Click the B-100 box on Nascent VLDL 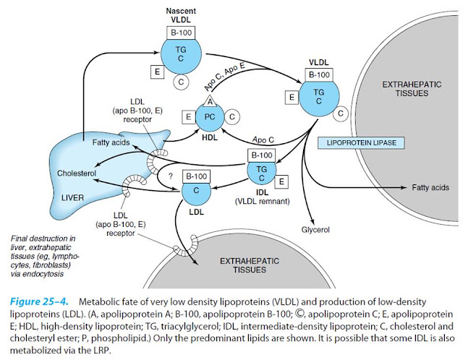(x=181, y=33)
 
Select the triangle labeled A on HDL (x=210, y=101)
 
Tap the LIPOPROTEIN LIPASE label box (x=361, y=143)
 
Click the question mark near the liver (x=171, y=176)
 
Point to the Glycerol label (x=315, y=230)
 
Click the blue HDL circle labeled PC (x=210, y=117)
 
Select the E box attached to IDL (x=281, y=181)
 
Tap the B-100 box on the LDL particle (x=196, y=176)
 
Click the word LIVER (x=72, y=197)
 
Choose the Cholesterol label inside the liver (x=77, y=173)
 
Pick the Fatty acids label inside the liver (x=111, y=142)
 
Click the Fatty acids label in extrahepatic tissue (x=430, y=187)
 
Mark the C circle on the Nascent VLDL (x=181, y=82)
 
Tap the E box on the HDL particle (x=188, y=117)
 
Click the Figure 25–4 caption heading (x=39, y=302)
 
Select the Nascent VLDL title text (x=181, y=15)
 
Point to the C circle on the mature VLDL (x=341, y=113)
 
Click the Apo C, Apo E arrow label (x=224, y=77)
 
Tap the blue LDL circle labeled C (x=196, y=191)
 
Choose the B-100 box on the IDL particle (x=262, y=155)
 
